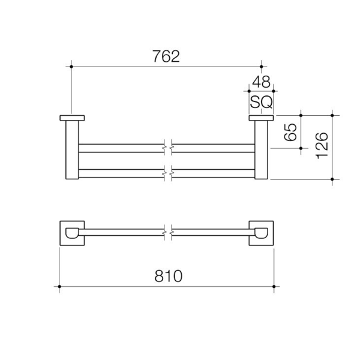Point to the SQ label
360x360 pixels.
pos(261,103)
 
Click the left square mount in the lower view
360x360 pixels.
pos(71,233)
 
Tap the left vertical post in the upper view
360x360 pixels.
pos(71,150)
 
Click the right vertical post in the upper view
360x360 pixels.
pos(262,150)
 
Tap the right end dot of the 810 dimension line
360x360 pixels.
pos(274,287)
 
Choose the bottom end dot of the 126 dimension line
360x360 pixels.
pos(332,179)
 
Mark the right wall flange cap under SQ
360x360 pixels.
pos(262,117)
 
